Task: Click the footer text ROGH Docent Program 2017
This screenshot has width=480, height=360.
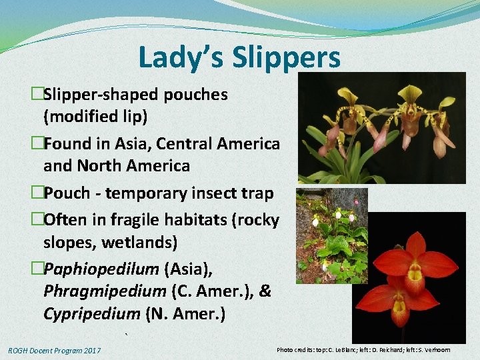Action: [x=55, y=351]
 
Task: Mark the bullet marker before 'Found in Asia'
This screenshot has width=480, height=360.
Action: [x=37, y=144]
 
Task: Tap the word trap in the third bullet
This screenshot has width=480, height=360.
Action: [x=258, y=193]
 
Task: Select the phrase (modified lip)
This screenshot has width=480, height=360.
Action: [x=95, y=117]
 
